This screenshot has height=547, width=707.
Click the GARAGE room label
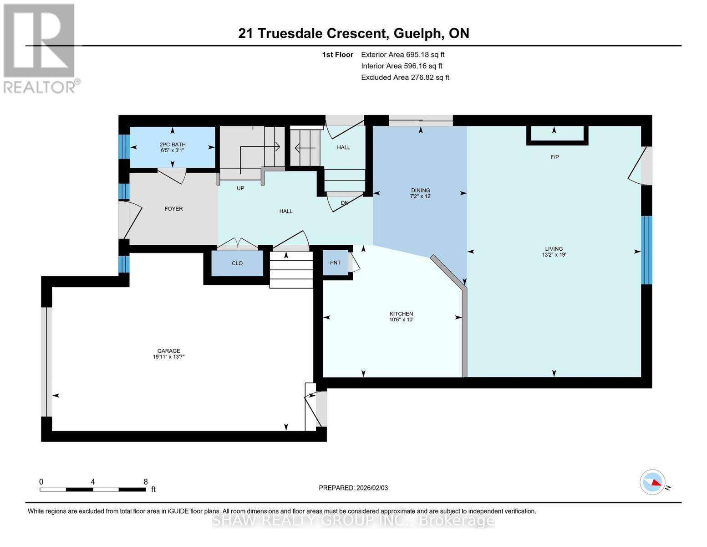coord(168,351)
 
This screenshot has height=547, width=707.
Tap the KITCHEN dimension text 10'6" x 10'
coord(401,320)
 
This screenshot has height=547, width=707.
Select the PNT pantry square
coord(335,263)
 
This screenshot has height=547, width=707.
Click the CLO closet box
coord(237,263)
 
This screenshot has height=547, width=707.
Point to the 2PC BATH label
coord(173,144)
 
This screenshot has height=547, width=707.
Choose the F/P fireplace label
coord(555,157)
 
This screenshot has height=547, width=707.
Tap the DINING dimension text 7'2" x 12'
coord(421,196)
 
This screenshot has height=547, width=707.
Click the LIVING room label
coord(554,248)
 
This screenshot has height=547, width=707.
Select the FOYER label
coord(173,209)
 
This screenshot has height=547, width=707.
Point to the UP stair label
coord(240,188)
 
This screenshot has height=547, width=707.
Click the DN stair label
coord(345,203)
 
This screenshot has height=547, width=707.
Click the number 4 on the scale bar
coord(93,481)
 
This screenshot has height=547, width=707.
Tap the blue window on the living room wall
coord(646,250)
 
